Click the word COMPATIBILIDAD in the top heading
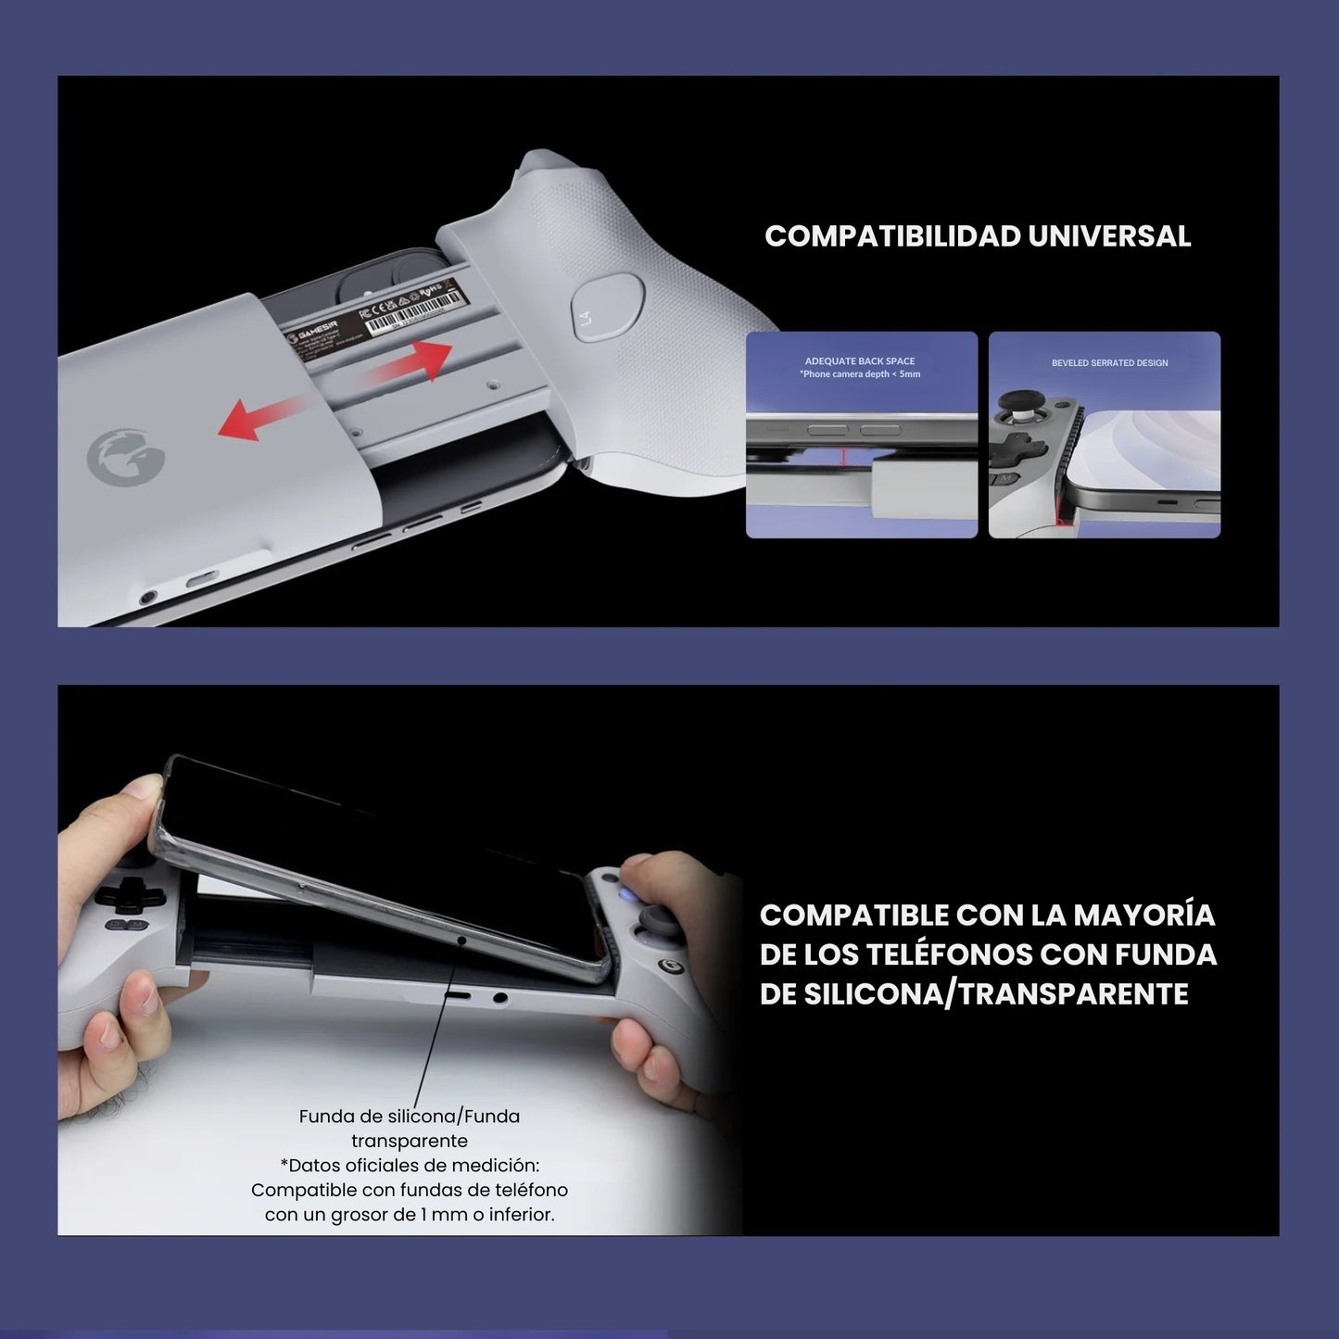pos(892,236)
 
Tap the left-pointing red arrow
pos(262,415)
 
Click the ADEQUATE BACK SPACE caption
pos(860,361)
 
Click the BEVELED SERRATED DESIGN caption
pos(1109,363)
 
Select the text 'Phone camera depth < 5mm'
pos(861,374)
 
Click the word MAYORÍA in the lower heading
pos(1143,916)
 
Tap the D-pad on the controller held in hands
pos(120,894)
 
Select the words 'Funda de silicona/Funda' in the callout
pos(409,1117)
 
